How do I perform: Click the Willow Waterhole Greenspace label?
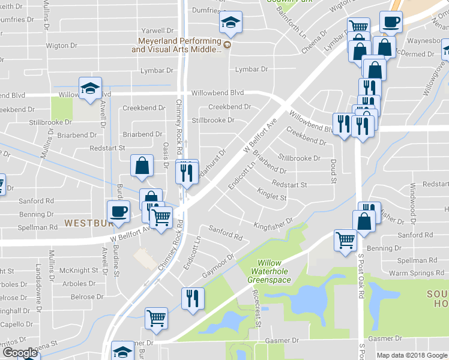[278, 271]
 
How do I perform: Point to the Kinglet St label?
[272, 196]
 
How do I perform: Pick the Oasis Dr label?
[166, 155]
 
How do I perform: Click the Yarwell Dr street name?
[157, 30]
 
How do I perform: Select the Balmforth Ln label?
[292, 28]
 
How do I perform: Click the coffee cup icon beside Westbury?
[118, 211]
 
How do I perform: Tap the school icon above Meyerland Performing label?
[230, 23]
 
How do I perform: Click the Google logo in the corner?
[20, 353]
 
